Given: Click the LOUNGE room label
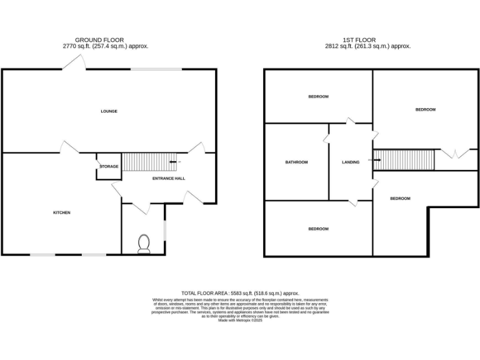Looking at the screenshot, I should pyautogui.click(x=109, y=111).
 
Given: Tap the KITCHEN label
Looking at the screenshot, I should pyautogui.click(x=61, y=212).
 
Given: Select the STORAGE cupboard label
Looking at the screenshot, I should pyautogui.click(x=109, y=166).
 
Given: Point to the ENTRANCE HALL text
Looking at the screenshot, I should pyautogui.click(x=169, y=178).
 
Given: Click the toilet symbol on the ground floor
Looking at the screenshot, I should pyautogui.click(x=144, y=244).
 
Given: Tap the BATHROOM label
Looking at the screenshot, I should pyautogui.click(x=296, y=162).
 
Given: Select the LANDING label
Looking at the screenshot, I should pyautogui.click(x=351, y=162).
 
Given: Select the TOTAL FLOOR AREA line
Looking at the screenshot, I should pyautogui.click(x=240, y=293).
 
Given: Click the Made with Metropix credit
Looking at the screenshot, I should pyautogui.click(x=240, y=320).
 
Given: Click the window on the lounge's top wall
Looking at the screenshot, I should pyautogui.click(x=156, y=69).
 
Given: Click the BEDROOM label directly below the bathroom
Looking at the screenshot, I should pyautogui.click(x=318, y=229).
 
